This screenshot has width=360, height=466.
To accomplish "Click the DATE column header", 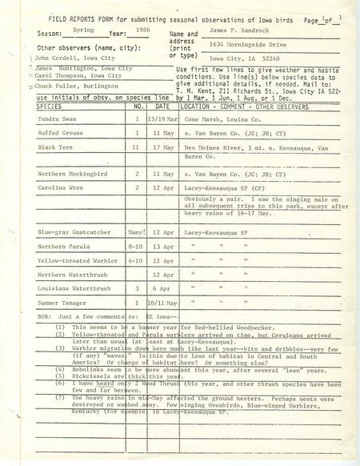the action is tap(163, 127).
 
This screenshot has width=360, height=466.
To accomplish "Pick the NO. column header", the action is tap(138, 127).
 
